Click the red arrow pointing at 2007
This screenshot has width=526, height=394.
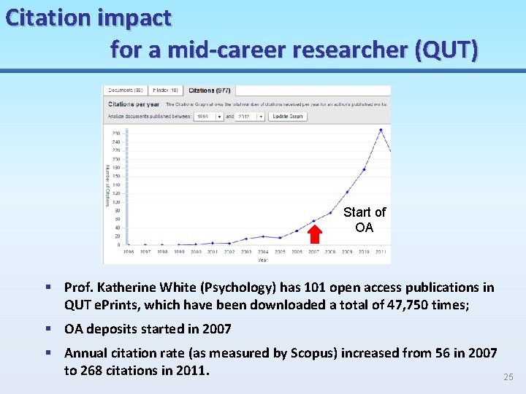click(x=315, y=233)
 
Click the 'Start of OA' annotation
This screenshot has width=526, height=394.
click(x=364, y=220)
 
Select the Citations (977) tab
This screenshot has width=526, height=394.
click(x=209, y=90)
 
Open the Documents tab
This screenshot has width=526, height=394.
click(x=125, y=90)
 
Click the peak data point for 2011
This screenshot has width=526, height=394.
click(x=381, y=130)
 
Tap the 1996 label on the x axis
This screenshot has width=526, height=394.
click(x=129, y=252)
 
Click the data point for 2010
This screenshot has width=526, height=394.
click(x=364, y=169)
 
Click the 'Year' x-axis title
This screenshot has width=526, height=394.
click(x=262, y=259)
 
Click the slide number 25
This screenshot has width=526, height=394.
click(x=508, y=377)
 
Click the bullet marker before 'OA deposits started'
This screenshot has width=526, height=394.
click(x=47, y=329)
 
